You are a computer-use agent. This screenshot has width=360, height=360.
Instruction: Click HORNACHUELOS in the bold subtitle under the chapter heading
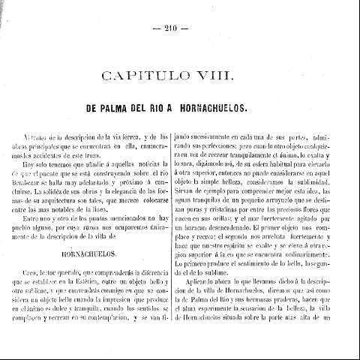(x=220, y=108)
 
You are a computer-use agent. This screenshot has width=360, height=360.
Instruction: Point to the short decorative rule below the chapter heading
(x=179, y=92)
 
